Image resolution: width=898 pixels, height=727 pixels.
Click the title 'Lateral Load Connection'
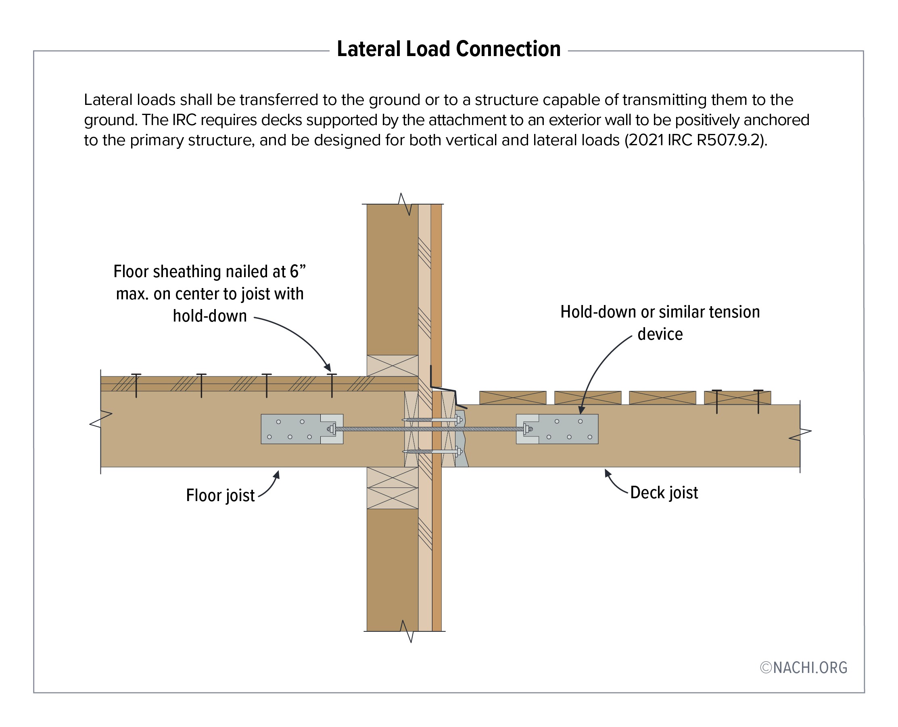448,49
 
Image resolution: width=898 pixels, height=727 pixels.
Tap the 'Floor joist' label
220,495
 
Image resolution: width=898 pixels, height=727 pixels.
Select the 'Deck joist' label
664,493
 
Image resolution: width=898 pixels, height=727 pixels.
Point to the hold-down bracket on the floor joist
301,429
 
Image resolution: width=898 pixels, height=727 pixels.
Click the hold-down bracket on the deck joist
557,429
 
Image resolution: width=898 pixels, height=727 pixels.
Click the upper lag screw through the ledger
431,420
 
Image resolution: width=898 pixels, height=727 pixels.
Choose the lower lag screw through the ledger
431,451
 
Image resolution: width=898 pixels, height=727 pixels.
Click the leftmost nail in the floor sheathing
136,385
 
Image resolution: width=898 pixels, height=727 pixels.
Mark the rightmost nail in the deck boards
758,401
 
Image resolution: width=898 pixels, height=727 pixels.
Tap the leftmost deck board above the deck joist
512,397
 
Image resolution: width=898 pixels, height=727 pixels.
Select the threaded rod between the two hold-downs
429,429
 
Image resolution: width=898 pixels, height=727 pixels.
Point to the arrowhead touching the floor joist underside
277,474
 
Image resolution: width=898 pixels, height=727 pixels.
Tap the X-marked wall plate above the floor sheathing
392,366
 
